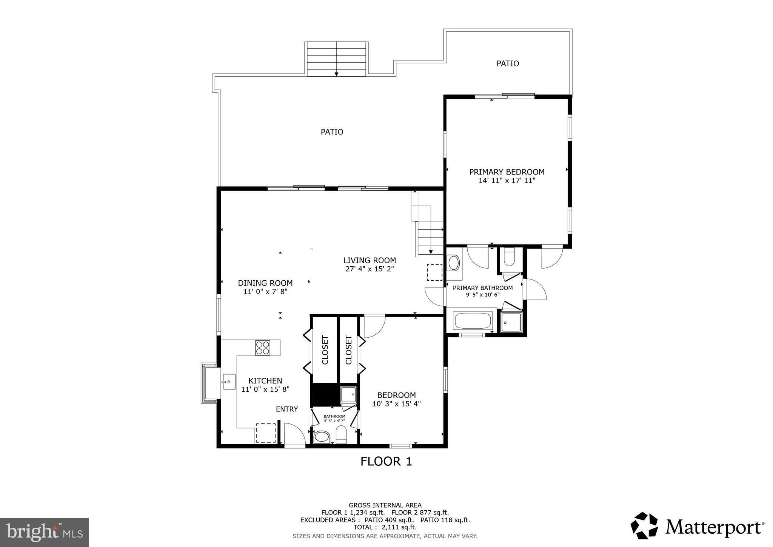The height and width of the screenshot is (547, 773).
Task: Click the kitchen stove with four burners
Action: point(263,348)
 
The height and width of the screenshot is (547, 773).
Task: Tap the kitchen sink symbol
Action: point(228,382)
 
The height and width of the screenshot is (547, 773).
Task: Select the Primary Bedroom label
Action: point(507,172)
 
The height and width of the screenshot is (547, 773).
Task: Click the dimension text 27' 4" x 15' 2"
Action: point(370,269)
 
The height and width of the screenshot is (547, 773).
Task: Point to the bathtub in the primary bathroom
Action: point(473,321)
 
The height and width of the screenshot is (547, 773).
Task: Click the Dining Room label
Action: point(265,283)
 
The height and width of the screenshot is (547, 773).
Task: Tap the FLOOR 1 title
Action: point(386,461)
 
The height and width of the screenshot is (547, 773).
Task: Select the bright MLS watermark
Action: point(44,532)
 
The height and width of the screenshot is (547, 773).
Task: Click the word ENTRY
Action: point(286,409)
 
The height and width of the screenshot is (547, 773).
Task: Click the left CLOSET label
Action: point(325,350)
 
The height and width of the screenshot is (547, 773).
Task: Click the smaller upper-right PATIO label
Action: point(507,63)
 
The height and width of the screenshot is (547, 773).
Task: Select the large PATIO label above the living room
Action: point(332,132)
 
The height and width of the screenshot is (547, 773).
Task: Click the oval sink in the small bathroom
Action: point(322,437)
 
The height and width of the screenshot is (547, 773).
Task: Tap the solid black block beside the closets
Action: point(324,395)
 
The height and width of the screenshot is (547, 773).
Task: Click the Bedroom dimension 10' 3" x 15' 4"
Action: point(396,403)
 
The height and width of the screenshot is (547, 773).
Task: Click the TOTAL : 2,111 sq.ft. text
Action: point(385,527)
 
